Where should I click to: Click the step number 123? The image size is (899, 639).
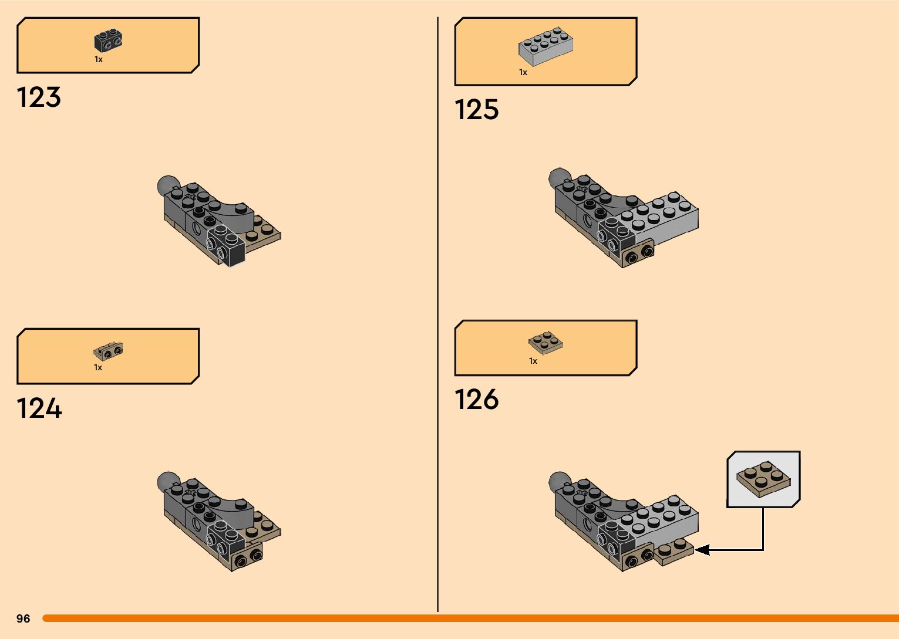click(x=39, y=97)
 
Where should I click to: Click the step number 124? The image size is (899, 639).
click(x=39, y=408)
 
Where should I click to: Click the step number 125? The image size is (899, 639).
click(x=476, y=110)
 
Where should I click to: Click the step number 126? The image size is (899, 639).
click(x=476, y=400)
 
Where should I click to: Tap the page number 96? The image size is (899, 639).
click(x=23, y=618)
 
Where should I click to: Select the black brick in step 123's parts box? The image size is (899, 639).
click(x=108, y=41)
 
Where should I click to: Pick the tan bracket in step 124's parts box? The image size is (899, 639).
click(x=108, y=351)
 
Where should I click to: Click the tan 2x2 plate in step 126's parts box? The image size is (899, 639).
click(x=546, y=343)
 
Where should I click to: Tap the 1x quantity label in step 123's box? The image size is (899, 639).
click(x=99, y=60)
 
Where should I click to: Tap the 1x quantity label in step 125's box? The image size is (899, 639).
click(x=523, y=73)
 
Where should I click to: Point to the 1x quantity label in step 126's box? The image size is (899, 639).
click(x=533, y=361)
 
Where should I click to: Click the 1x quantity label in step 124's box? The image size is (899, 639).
click(x=98, y=368)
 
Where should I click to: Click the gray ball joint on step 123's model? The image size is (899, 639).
click(x=167, y=185)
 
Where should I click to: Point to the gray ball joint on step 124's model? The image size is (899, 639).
click(x=167, y=481)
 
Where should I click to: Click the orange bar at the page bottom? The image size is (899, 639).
click(x=470, y=618)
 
